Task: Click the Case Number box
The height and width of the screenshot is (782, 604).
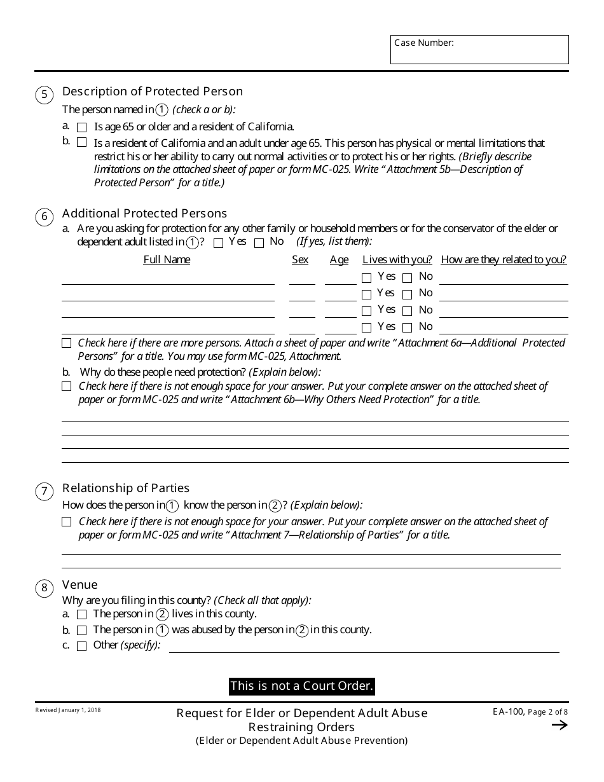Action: tap(479, 50)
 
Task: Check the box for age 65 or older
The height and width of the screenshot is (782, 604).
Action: tap(81, 127)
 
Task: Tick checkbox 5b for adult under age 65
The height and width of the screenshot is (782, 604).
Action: tap(81, 142)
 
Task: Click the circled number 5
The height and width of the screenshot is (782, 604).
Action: tap(44, 95)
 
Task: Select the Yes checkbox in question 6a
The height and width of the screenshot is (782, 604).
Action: tap(219, 243)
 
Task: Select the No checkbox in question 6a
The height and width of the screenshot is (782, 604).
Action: tap(259, 243)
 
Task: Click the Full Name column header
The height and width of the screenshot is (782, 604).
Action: tap(167, 259)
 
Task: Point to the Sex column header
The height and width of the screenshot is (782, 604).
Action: tap(300, 259)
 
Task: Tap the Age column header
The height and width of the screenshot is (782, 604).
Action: tap(339, 259)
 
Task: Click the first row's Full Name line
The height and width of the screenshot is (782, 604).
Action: tap(168, 279)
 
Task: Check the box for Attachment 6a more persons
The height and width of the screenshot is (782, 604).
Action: tap(67, 343)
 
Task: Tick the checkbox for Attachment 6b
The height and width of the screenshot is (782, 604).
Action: tap(67, 387)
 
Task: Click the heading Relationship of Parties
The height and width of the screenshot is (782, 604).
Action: tap(126, 488)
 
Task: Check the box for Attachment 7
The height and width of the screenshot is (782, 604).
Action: tap(67, 522)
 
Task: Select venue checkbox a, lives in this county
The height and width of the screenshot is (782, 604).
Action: tap(81, 615)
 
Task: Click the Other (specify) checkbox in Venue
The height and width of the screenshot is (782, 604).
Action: tap(81, 646)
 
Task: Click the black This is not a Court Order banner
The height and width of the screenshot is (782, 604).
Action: tap(301, 686)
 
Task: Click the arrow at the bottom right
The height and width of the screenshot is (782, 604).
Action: tap(559, 725)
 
